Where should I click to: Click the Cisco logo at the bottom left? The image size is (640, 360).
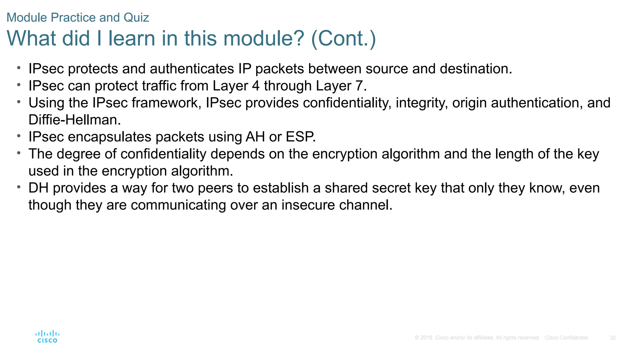point(47,337)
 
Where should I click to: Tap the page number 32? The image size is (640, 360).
point(612,338)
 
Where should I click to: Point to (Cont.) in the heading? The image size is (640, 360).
point(343,38)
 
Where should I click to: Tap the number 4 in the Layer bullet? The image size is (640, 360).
point(256,86)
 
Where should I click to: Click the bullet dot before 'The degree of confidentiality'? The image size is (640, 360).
point(19,153)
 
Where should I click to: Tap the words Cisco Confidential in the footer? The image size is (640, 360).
point(566,338)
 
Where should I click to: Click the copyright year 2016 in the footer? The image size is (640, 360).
point(426,338)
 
